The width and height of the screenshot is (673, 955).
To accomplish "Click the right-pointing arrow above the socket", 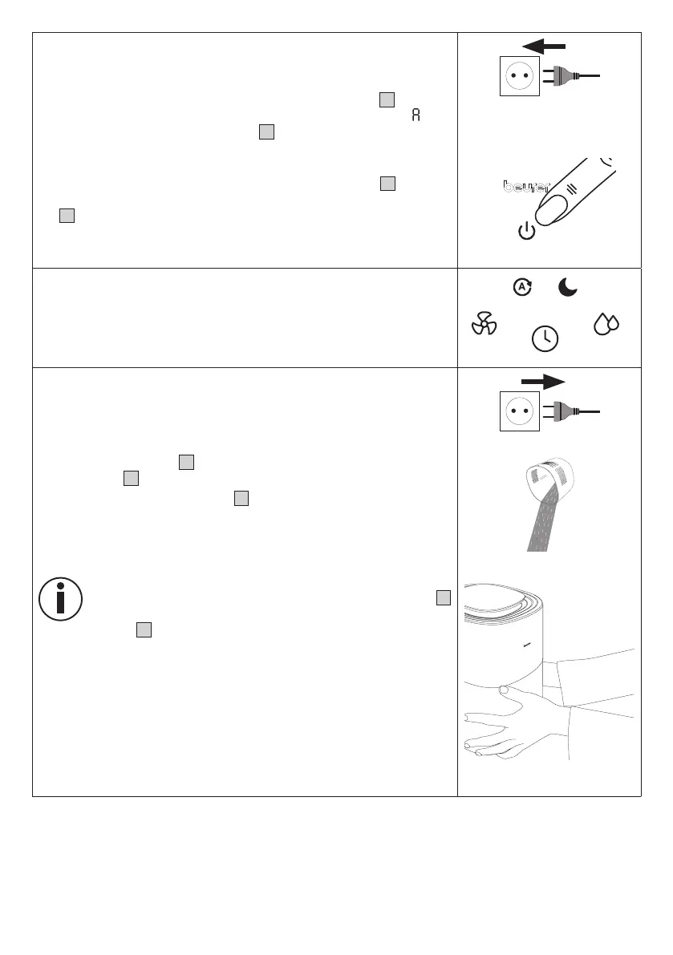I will click(543, 381).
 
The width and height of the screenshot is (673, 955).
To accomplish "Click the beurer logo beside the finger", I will click(520, 187).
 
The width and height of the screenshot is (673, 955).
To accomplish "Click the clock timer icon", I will click(545, 339).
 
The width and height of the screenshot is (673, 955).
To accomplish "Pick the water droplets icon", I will click(606, 324).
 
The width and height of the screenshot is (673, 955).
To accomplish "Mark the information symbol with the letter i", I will click(60, 597).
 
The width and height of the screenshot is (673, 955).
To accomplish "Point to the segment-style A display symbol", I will click(416, 115).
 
